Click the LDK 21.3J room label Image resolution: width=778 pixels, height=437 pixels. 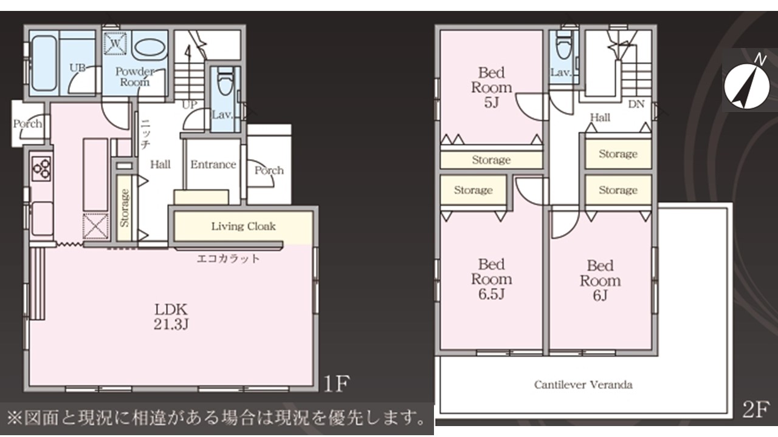[x=171, y=316]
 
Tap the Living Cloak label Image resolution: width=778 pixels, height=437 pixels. [x=244, y=226]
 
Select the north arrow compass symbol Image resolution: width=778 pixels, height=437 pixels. [x=747, y=86]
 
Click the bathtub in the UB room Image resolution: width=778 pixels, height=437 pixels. [x=44, y=64]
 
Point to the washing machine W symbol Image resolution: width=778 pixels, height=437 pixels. [x=115, y=44]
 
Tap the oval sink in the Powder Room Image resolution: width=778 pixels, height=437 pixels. [x=149, y=47]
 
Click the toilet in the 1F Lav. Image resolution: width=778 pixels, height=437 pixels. [x=225, y=81]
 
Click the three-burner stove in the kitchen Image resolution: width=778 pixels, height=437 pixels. [x=41, y=169]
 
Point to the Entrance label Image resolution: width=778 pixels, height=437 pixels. [x=213, y=164]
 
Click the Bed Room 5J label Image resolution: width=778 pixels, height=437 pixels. [x=492, y=87]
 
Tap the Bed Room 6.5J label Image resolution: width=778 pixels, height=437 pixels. [x=492, y=279]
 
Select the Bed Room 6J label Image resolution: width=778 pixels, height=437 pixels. [x=600, y=280]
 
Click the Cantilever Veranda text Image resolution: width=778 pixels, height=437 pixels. [x=583, y=385]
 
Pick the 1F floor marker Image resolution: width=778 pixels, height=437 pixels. [x=336, y=383]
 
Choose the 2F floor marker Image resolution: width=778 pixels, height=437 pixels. [x=756, y=409]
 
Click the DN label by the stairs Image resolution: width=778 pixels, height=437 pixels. [x=636, y=104]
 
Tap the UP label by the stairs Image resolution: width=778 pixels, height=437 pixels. [x=190, y=105]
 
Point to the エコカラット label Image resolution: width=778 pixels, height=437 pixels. [x=228, y=259]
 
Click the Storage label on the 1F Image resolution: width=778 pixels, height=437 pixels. [x=125, y=208]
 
